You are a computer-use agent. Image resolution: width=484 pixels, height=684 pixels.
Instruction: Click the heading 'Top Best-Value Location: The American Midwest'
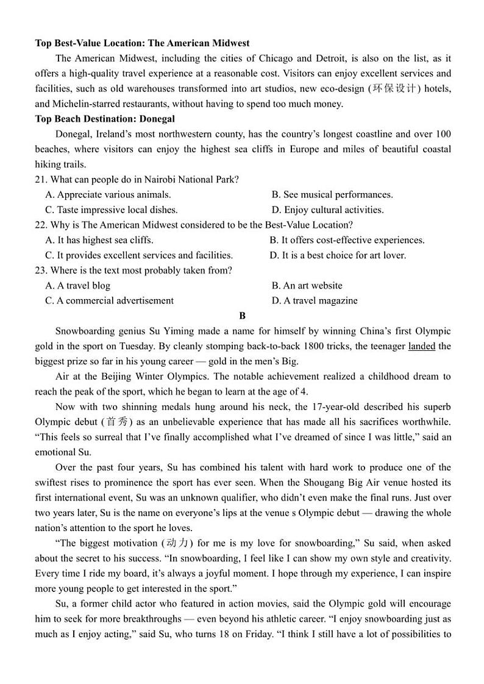(142, 43)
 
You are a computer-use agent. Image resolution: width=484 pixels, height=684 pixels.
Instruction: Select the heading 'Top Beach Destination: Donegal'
(105, 119)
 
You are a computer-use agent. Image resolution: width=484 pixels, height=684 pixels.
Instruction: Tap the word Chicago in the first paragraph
(276, 58)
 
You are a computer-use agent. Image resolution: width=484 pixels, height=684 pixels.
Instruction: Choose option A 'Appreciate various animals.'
(109, 194)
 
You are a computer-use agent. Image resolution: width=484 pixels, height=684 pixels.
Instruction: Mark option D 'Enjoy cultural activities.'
(328, 210)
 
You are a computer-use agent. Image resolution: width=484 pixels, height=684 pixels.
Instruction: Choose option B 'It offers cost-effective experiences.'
(347, 240)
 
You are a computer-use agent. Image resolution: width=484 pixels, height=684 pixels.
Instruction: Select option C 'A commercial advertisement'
(110, 300)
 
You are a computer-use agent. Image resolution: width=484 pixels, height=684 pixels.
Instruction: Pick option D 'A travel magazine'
(315, 300)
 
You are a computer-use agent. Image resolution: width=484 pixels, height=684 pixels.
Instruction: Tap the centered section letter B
(243, 316)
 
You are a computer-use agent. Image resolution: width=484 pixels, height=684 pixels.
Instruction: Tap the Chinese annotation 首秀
(111, 421)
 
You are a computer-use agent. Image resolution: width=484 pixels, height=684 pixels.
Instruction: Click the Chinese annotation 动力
(177, 543)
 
